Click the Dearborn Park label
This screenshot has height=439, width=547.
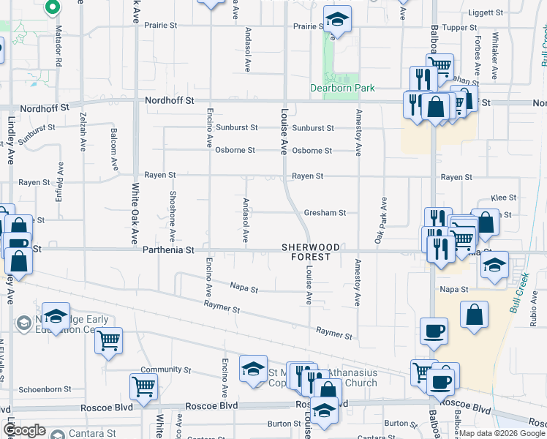tap(342, 88)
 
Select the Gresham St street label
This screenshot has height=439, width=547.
tap(325, 213)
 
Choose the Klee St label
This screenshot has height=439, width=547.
tap(504, 198)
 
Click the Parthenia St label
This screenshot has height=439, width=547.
tap(169, 249)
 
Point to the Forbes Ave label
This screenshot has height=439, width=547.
tap(477, 56)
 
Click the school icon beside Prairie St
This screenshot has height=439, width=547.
tap(337, 20)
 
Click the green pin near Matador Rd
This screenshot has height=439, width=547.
tap(53, 7)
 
